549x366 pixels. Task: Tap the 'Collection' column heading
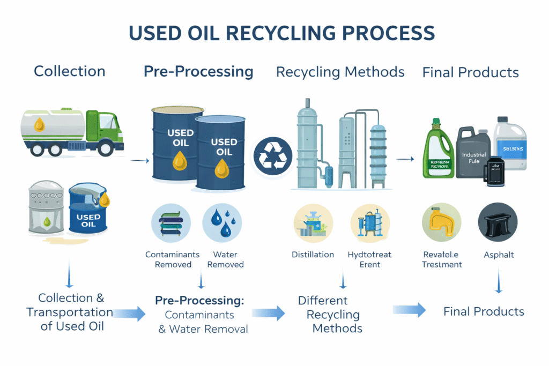[x=70, y=71]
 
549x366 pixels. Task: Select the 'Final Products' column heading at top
[x=470, y=72]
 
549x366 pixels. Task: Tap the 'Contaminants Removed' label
[x=173, y=259]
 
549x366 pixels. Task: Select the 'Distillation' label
[x=313, y=255]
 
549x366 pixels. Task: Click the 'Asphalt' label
[x=498, y=255]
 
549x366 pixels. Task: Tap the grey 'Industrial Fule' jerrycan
[x=473, y=155]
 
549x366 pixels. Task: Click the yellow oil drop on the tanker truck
[x=39, y=125]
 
